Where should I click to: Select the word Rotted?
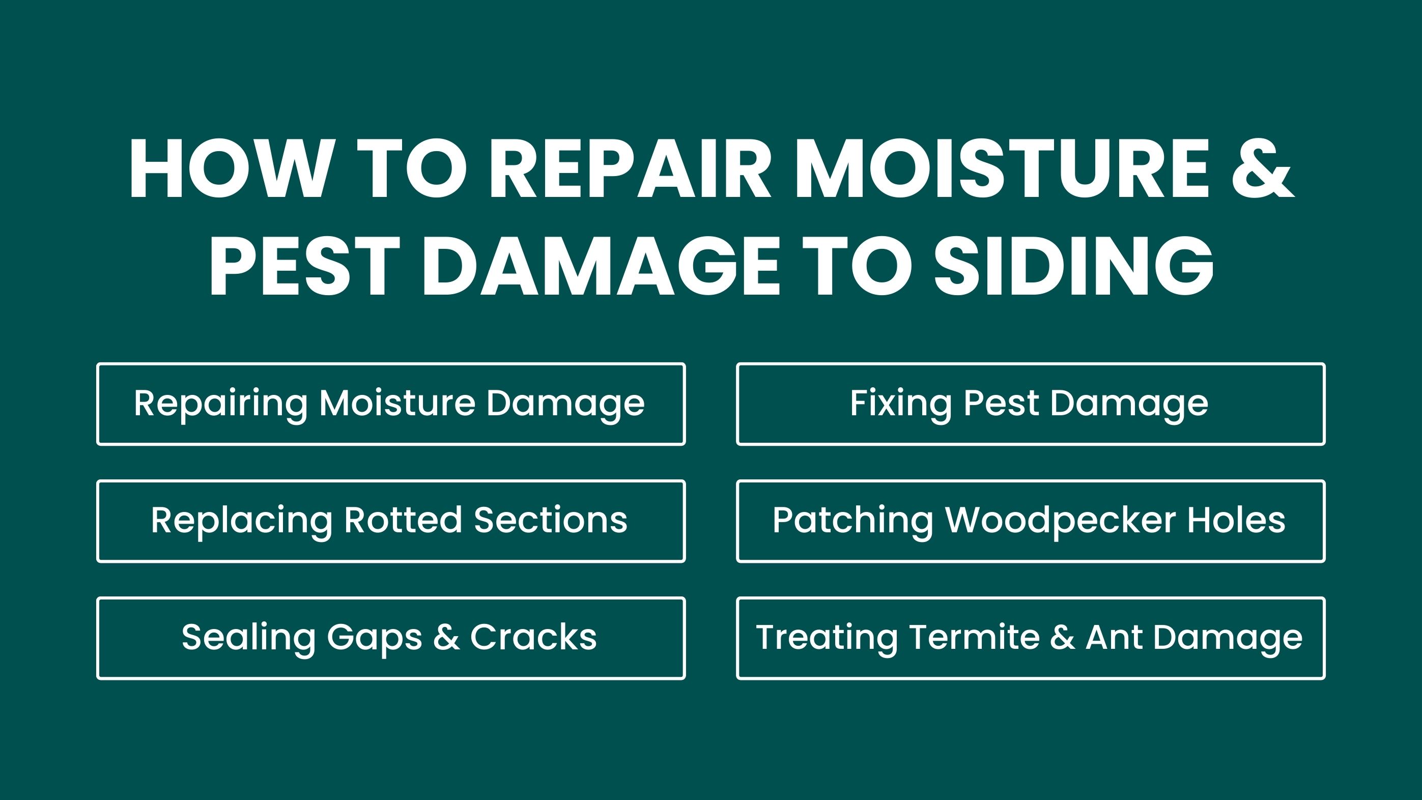[x=403, y=520]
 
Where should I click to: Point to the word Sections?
[x=551, y=520]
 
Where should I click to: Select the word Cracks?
[x=533, y=637]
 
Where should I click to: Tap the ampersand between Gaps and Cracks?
[x=446, y=637]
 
